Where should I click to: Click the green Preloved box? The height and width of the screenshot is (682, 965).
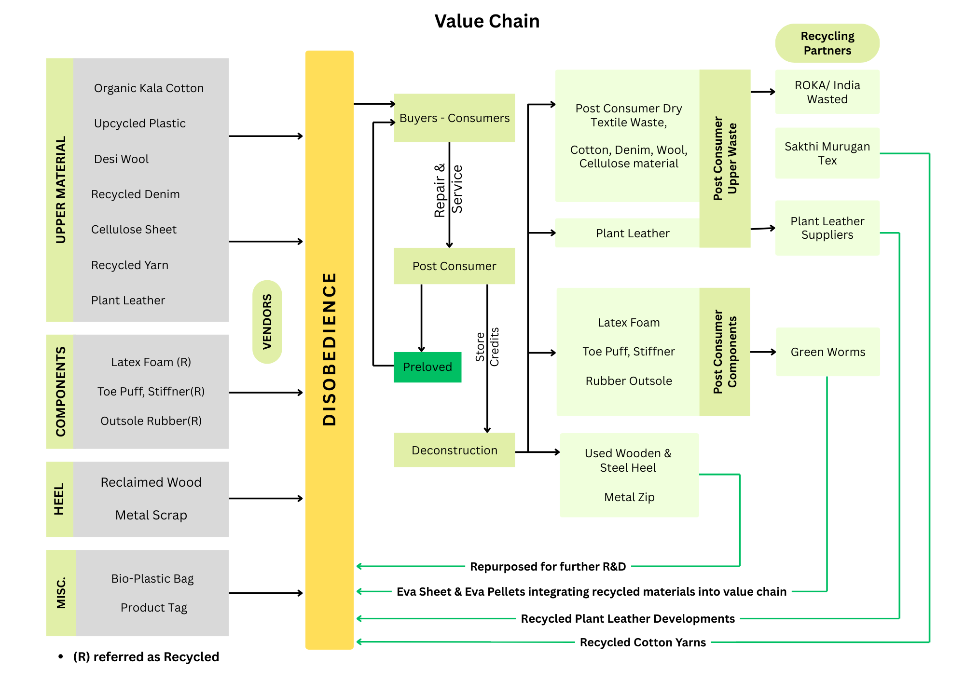[427, 367]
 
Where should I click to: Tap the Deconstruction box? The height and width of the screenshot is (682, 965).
[454, 450]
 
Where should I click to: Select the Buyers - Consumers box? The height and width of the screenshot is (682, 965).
[454, 118]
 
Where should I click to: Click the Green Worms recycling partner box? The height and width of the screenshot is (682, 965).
[827, 352]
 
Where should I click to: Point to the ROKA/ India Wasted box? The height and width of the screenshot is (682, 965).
[827, 92]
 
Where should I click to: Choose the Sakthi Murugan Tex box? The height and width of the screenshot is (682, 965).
[827, 153]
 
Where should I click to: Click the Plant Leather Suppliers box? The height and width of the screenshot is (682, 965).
[827, 228]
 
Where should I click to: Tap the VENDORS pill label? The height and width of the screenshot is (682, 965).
[267, 322]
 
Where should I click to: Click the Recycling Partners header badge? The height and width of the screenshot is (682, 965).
[827, 43]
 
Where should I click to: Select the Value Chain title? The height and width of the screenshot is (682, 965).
[487, 21]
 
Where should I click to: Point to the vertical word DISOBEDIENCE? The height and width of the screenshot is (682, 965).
[329, 349]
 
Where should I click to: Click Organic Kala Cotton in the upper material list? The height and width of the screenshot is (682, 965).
[149, 88]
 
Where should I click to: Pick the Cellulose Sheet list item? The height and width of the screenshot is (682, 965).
[134, 230]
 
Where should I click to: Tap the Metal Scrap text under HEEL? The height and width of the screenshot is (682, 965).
[151, 515]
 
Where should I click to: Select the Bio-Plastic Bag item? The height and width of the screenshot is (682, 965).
[152, 578]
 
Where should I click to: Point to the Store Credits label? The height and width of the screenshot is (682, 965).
[487, 347]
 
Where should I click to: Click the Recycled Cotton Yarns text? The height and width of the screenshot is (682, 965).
[643, 642]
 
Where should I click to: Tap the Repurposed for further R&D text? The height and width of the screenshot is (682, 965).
[548, 567]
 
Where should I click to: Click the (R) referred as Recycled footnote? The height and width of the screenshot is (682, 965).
[146, 657]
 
